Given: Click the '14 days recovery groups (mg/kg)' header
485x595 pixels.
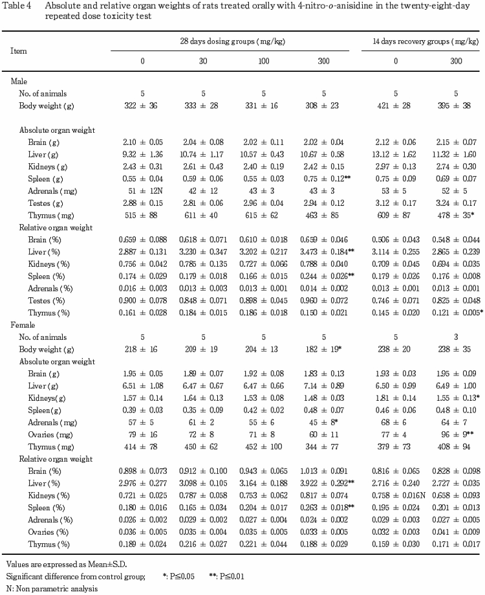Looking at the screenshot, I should (422, 41).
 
